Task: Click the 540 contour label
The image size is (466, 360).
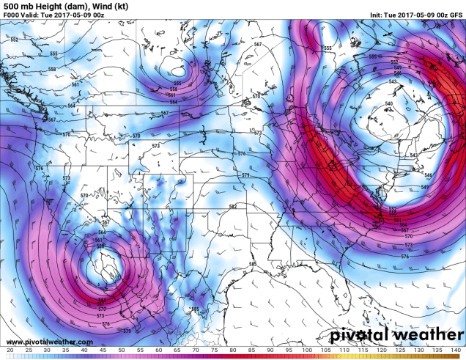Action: (x=388, y=105)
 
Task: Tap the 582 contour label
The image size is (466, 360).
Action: (x=232, y=207)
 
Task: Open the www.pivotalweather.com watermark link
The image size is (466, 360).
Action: (x=48, y=342)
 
